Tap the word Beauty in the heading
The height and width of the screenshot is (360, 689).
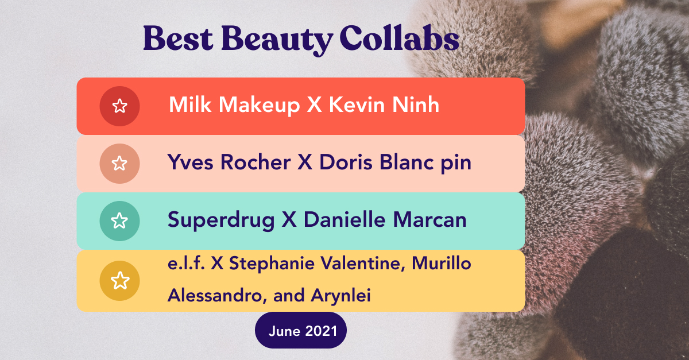tap(277, 40)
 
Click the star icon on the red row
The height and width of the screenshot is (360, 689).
tap(119, 106)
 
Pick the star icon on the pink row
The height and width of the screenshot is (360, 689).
tap(119, 163)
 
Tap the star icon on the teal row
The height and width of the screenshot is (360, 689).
tap(119, 220)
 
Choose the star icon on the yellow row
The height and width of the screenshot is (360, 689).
tap(119, 281)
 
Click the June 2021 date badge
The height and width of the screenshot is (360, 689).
tap(301, 331)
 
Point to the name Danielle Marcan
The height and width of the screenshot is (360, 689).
tap(385, 220)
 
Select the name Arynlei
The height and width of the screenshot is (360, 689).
tap(338, 296)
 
